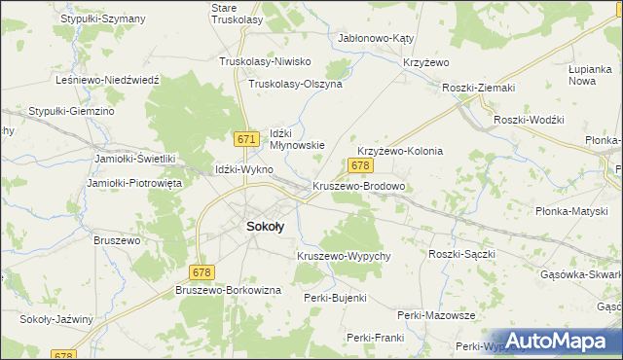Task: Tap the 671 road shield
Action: pyautogui.click(x=247, y=139)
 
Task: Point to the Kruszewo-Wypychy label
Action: pyautogui.click(x=344, y=256)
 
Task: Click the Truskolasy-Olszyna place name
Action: pyautogui.click(x=296, y=85)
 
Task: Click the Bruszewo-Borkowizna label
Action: pyautogui.click(x=229, y=290)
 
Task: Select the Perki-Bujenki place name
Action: pyautogui.click(x=335, y=297)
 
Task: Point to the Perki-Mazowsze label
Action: pyautogui.click(x=436, y=315)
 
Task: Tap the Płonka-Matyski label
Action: pyautogui.click(x=571, y=211)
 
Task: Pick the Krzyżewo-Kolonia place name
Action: pyautogui.click(x=400, y=152)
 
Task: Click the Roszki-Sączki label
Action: pyautogui.click(x=462, y=253)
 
